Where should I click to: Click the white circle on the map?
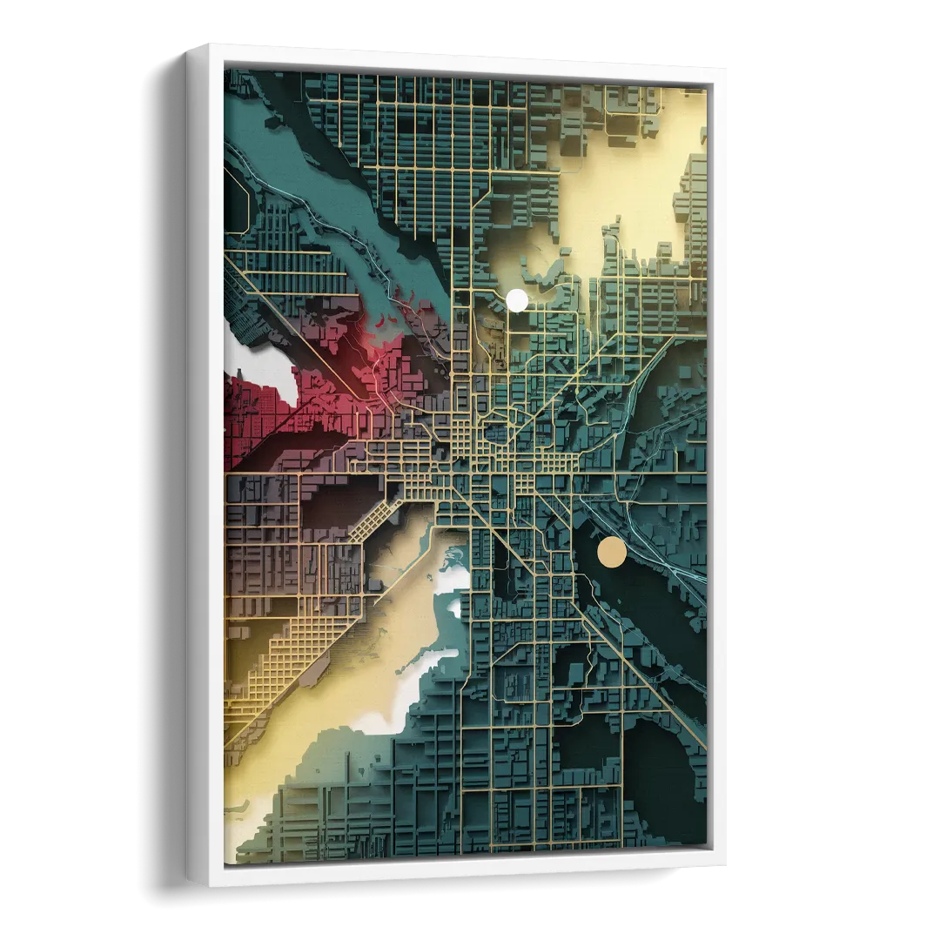517,300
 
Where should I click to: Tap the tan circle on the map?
612,553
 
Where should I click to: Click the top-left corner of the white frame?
193,46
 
